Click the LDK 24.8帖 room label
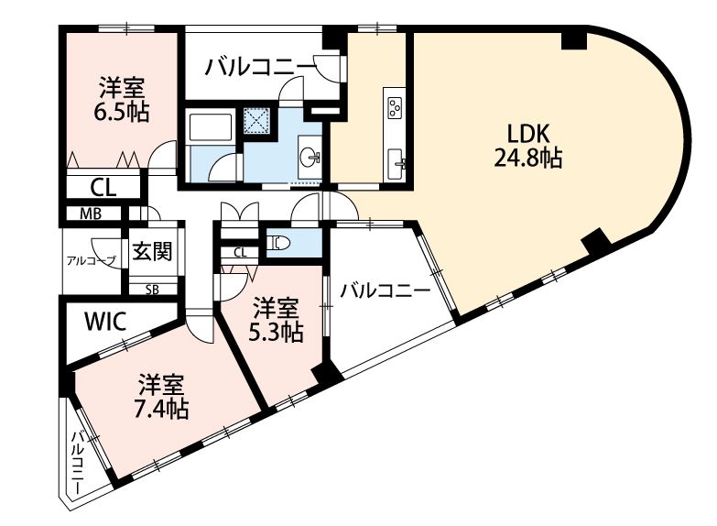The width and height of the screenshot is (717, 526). [527, 146]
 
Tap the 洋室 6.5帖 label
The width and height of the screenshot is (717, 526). [122, 100]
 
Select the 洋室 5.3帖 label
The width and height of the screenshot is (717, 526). [276, 320]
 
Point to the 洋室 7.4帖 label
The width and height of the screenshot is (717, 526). [161, 397]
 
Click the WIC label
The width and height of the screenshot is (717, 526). [105, 322]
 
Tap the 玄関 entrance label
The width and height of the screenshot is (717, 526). [152, 251]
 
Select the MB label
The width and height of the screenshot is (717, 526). [91, 214]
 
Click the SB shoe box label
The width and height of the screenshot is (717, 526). [152, 290]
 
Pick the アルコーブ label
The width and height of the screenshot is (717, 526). [91, 261]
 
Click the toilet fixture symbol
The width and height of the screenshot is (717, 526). [277, 242]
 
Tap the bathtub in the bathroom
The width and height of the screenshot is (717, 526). [212, 126]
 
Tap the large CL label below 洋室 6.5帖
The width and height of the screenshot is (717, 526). [103, 187]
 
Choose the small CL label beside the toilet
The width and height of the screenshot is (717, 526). [240, 252]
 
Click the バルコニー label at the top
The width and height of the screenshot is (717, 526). [260, 67]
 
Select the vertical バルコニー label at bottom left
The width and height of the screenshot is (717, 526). [78, 461]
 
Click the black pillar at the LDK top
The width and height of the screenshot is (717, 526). [574, 39]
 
